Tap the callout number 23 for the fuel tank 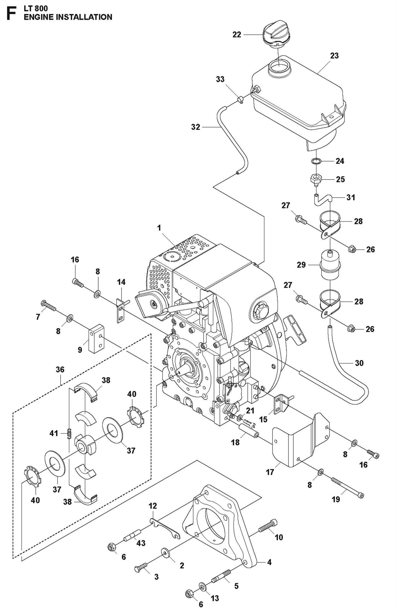point(334,56)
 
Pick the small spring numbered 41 point(69,433)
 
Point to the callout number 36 point(60,369)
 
